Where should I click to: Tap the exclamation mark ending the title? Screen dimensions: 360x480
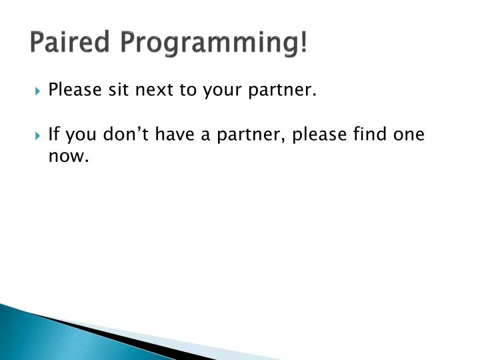[x=304, y=43]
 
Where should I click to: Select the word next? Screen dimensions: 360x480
[x=155, y=89]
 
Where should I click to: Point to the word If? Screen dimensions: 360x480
[x=55, y=135]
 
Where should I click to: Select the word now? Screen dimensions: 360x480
[x=68, y=158]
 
